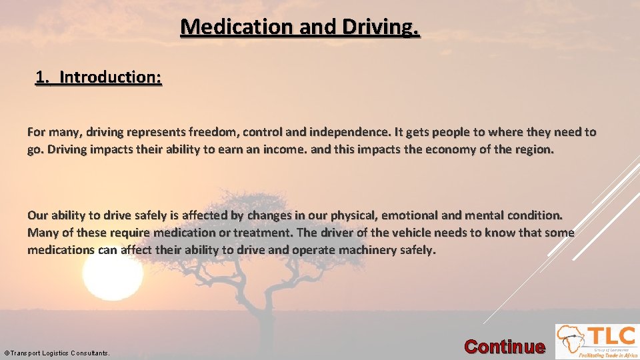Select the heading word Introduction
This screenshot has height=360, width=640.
(x=110, y=77)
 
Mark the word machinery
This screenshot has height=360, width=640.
(x=373, y=250)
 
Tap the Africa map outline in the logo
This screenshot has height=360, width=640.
(x=571, y=340)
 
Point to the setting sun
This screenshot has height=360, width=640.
(x=112, y=273)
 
